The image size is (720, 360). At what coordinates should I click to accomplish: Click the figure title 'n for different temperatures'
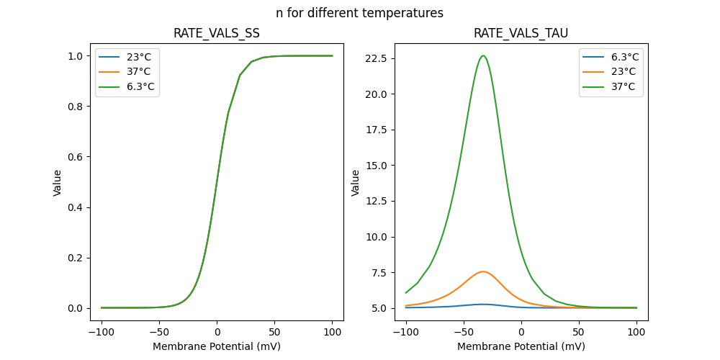(359, 13)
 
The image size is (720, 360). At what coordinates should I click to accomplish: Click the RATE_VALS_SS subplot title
(217, 34)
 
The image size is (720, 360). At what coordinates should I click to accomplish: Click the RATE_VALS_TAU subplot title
(521, 34)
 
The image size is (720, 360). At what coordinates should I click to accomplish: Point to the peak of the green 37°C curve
(483, 55)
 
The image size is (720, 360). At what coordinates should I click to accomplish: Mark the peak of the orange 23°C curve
(483, 271)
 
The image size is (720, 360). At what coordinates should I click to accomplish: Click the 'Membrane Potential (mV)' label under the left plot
(217, 346)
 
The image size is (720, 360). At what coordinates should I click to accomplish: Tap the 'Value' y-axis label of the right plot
(356, 183)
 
